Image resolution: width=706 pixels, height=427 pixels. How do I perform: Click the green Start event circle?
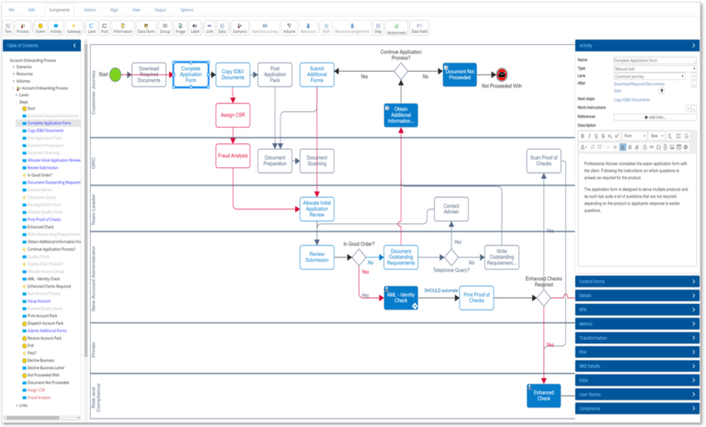point(115,74)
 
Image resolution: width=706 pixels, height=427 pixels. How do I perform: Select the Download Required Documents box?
point(149,74)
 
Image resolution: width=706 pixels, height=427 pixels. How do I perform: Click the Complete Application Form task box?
point(190,73)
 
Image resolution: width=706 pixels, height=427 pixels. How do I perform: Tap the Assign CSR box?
point(233,116)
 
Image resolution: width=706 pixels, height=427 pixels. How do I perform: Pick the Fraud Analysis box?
point(233,155)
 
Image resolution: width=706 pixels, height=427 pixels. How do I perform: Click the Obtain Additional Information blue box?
point(401,116)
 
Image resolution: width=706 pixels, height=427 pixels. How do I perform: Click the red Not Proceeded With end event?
point(502,74)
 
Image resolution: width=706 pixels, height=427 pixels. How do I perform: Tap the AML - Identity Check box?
point(401,297)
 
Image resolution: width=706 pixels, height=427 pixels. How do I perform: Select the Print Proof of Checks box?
point(474,297)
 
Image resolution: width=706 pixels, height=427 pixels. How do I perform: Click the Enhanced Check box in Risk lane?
point(543,395)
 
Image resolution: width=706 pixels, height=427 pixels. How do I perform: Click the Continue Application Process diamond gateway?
point(401,70)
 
